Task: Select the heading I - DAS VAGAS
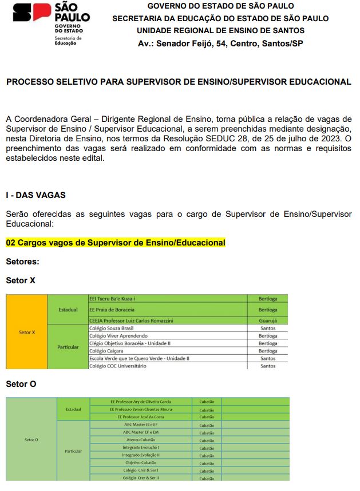(x=35, y=195)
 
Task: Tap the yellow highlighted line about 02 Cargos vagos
(x=116, y=243)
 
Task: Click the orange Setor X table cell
(x=26, y=332)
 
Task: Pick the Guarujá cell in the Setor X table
(x=267, y=320)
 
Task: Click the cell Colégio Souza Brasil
(x=112, y=328)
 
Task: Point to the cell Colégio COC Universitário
(x=118, y=366)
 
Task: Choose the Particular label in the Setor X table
(x=68, y=347)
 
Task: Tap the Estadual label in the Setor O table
(x=73, y=409)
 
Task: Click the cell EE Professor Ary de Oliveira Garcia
(x=140, y=402)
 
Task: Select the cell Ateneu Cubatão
(x=140, y=439)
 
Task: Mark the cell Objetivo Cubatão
(x=140, y=462)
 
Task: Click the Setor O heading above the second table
(x=21, y=384)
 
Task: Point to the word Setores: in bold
(x=22, y=262)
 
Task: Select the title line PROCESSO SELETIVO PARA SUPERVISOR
(x=179, y=82)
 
